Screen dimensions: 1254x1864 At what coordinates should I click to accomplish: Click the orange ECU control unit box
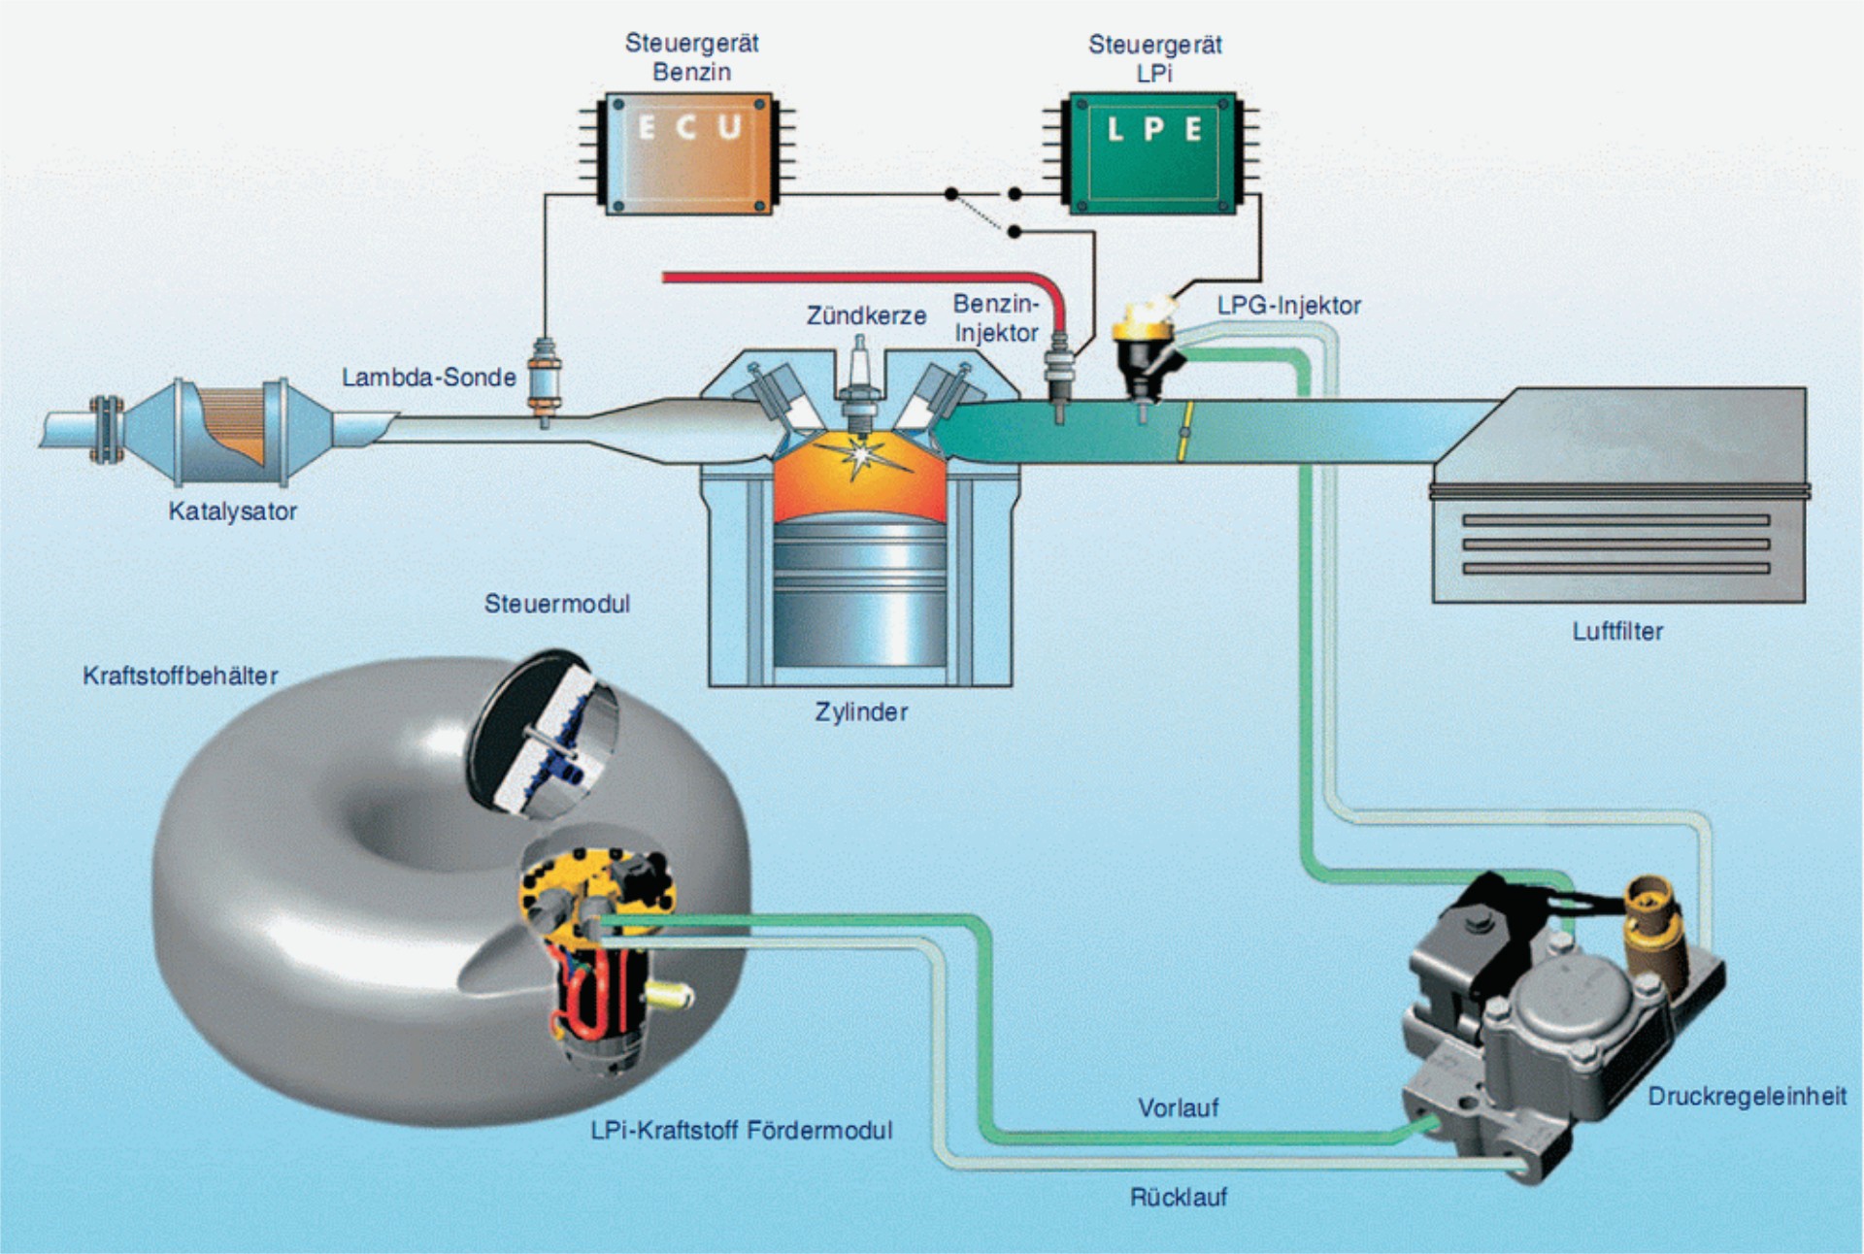688,153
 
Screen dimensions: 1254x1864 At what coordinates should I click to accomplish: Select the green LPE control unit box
1152,153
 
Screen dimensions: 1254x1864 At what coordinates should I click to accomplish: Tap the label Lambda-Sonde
428,378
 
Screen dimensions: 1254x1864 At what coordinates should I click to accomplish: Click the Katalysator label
232,511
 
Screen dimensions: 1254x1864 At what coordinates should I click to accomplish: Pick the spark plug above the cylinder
859,388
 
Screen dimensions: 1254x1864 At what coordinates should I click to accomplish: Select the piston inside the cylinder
859,592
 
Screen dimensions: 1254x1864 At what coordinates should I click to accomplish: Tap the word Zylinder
861,712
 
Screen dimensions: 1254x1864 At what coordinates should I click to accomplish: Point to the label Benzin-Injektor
996,318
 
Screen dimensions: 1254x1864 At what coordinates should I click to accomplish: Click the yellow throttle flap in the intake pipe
1183,430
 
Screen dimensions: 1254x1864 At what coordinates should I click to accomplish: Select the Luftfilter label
1617,632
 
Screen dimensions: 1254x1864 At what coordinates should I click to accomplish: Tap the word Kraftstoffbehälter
181,676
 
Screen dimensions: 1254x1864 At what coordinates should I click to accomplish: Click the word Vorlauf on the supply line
1178,1108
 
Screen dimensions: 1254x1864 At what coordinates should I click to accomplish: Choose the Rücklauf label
1178,1198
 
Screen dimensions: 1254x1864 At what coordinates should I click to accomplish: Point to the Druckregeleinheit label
1747,1097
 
